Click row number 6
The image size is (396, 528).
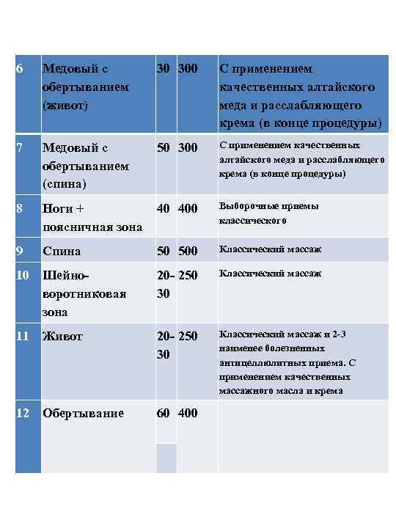20,69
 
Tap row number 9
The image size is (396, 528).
20,251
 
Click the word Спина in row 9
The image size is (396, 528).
62,252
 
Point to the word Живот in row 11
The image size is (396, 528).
63,337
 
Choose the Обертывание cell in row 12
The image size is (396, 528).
84,413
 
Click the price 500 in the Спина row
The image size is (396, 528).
188,252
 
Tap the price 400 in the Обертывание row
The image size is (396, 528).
188,413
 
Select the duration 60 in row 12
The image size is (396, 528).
164,413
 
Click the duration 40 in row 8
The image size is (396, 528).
164,209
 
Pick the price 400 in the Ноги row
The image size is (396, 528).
188,209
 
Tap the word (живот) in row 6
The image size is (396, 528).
66,104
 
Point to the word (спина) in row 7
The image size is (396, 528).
65,183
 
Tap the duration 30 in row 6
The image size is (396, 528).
164,69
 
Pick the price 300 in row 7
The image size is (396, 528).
188,148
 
